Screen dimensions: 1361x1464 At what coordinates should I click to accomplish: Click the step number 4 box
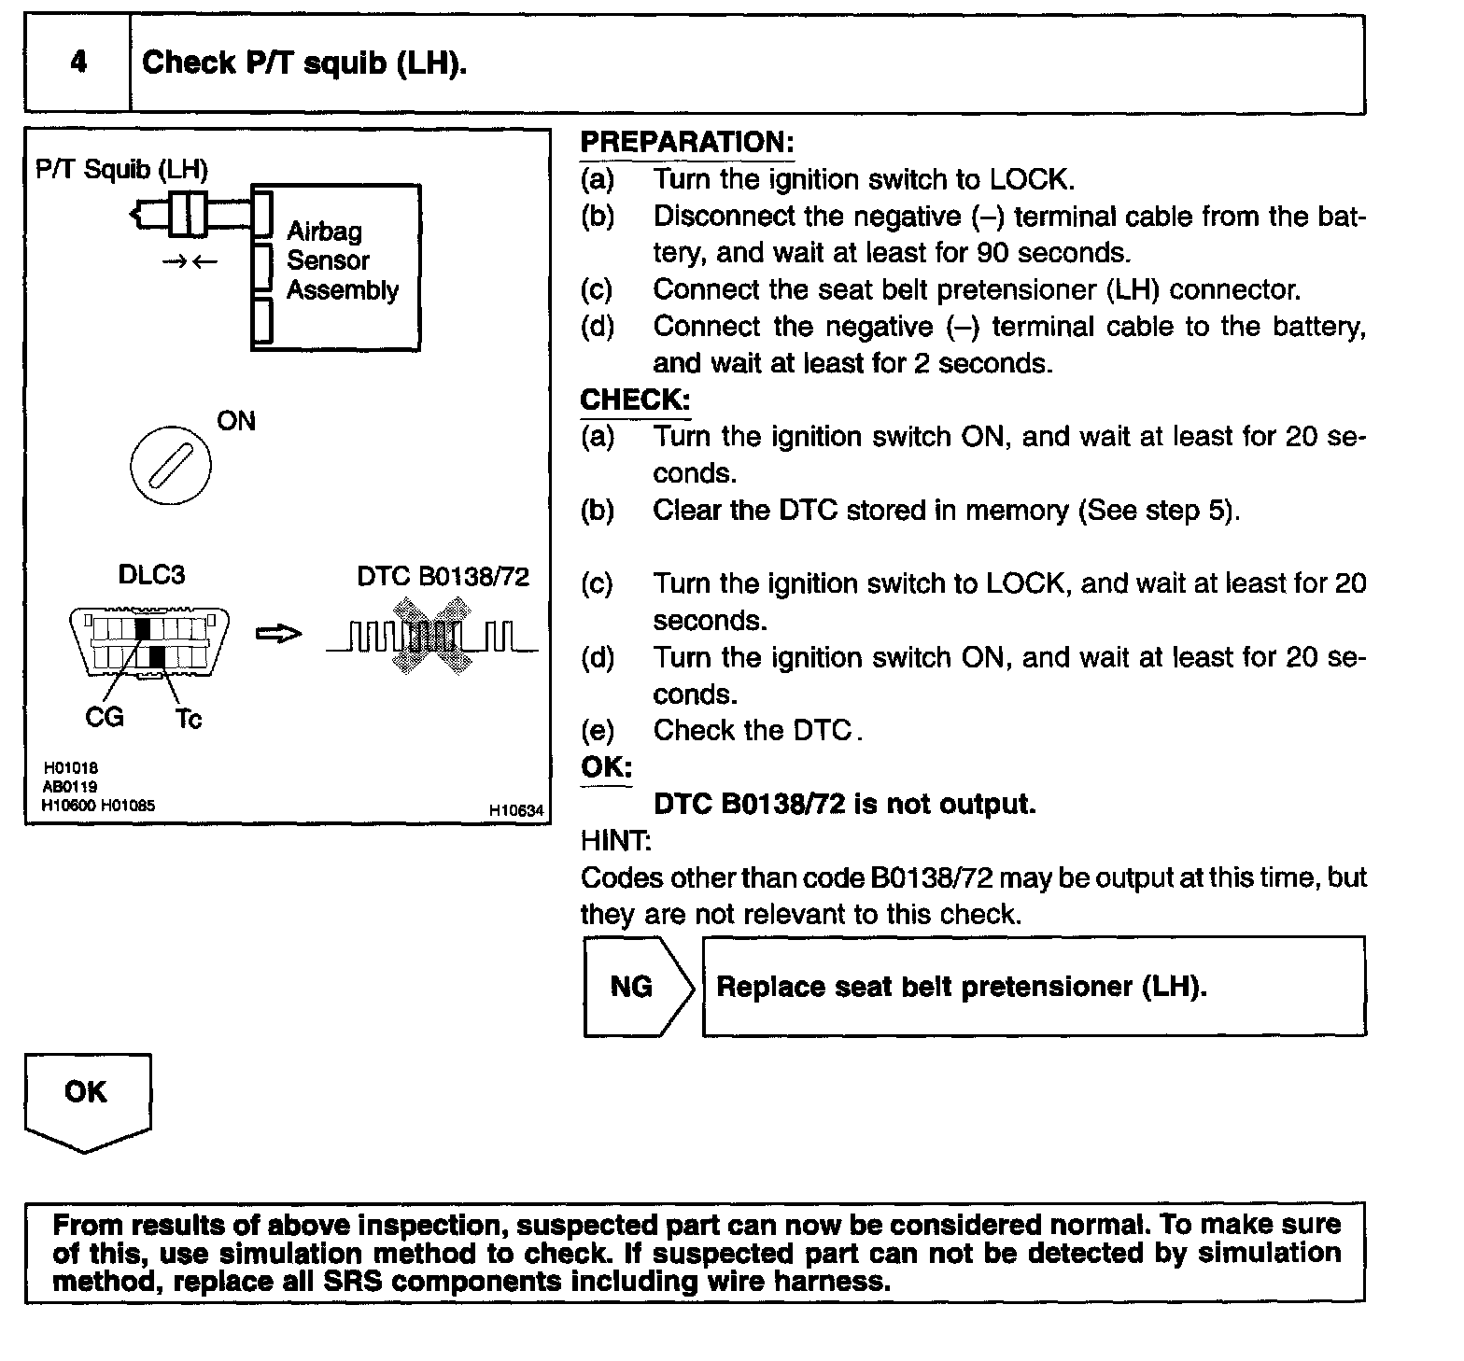78,63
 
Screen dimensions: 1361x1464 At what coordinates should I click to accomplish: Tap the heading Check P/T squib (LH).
303,63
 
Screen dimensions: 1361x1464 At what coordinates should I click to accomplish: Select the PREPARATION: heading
686,143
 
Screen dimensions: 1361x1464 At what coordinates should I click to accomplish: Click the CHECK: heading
635,400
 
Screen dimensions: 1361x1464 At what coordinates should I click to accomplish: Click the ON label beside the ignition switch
236,421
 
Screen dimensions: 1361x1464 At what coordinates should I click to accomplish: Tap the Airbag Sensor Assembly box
336,267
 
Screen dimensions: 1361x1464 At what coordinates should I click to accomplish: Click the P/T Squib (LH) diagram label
121,169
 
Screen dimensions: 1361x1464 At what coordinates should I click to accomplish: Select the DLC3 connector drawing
149,640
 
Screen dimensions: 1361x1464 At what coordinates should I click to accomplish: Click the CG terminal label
104,717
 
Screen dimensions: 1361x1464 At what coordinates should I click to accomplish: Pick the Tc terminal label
188,719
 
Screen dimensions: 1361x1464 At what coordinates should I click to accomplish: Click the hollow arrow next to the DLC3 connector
278,635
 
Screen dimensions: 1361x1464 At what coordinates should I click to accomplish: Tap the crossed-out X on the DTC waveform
432,637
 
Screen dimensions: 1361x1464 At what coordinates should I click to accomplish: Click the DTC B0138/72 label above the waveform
443,577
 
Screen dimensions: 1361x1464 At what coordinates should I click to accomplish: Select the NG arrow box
638,987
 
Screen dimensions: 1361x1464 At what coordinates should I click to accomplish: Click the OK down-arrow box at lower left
87,1100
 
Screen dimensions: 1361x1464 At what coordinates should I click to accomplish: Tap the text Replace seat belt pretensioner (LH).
961,987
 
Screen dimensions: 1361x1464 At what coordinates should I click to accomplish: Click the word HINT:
615,841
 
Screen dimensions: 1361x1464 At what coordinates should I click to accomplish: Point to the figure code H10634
516,811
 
